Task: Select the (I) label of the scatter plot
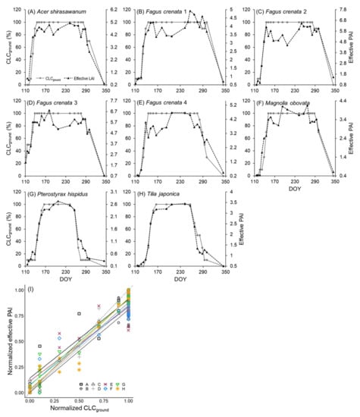tap(27, 291)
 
